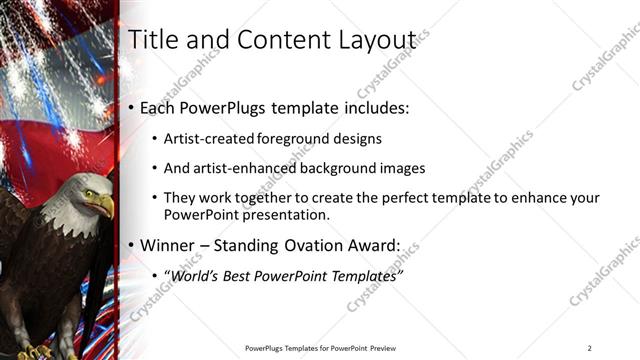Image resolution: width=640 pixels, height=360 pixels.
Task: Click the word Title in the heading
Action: coord(154,39)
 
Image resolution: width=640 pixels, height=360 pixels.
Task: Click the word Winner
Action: coord(168,245)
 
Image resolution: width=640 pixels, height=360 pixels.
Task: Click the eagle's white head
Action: coord(86,192)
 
